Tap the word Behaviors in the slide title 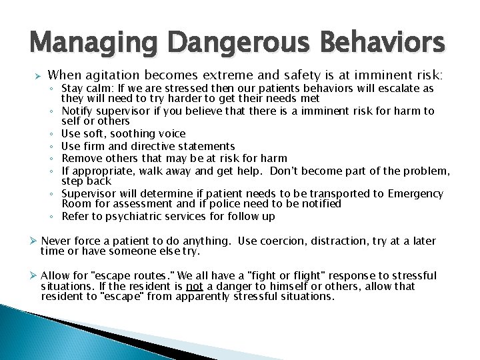382,43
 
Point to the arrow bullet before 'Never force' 33,241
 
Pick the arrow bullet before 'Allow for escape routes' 33,275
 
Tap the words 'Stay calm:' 87,89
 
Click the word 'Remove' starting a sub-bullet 80,159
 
